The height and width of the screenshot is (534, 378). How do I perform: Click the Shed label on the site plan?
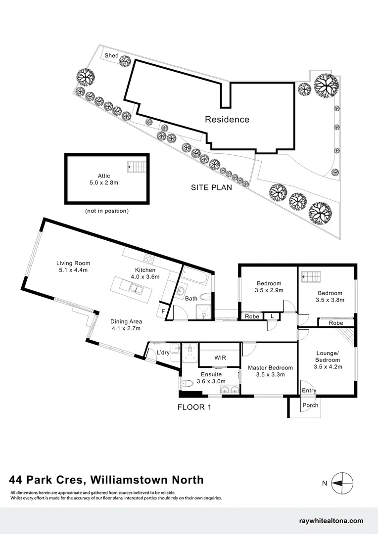(111, 56)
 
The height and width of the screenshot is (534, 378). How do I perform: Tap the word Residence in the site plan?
(227, 119)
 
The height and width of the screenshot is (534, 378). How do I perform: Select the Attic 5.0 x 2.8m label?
(104, 179)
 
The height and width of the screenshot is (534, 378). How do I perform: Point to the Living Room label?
(73, 267)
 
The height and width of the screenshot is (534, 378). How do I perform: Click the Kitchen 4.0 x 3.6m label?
(145, 273)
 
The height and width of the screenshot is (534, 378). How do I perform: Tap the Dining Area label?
(126, 325)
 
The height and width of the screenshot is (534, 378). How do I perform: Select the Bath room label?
(191, 298)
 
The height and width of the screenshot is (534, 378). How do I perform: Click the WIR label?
(220, 357)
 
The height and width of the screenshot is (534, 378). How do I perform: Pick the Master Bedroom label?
(270, 371)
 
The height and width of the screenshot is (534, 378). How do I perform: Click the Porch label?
(310, 405)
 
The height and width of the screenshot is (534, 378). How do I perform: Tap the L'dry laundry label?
(163, 353)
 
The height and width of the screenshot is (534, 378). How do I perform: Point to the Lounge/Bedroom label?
(328, 360)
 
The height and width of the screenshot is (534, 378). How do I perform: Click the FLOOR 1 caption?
(194, 408)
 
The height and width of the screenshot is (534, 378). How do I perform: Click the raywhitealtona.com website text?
(331, 521)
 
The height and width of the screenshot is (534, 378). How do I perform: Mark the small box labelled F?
(163, 311)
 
